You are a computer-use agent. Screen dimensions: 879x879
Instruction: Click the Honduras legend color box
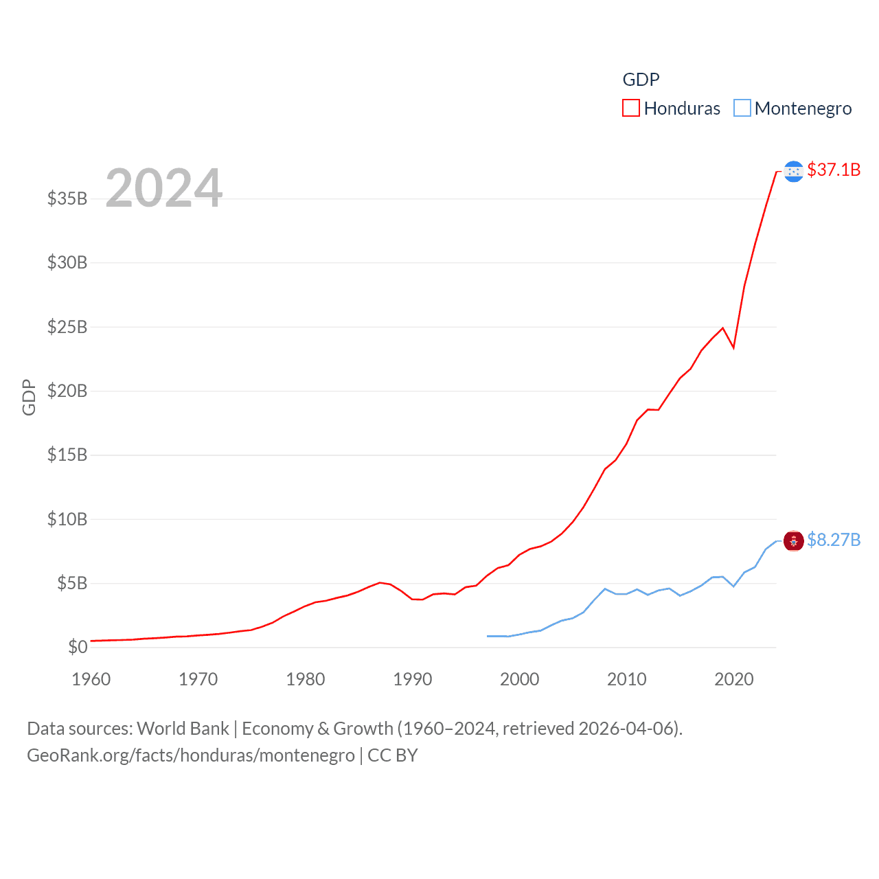[630, 108]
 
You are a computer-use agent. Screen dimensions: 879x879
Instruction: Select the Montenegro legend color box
[742, 108]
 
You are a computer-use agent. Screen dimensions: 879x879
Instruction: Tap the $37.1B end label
[833, 170]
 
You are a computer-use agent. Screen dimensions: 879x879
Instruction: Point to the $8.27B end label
[833, 540]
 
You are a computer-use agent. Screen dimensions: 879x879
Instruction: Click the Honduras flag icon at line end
[793, 171]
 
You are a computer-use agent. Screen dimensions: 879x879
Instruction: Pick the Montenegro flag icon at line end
[793, 541]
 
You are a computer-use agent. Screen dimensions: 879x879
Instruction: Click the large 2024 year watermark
[163, 188]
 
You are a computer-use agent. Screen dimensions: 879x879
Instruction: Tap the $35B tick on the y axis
[67, 198]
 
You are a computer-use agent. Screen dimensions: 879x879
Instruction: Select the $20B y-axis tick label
[67, 391]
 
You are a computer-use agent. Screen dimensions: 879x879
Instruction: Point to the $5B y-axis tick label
[72, 583]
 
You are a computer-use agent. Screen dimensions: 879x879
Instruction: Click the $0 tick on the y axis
[78, 647]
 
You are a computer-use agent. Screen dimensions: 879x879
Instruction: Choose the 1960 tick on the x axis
[91, 679]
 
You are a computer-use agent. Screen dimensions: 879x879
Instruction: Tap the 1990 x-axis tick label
[413, 679]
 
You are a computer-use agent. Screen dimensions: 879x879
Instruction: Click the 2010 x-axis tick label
[627, 679]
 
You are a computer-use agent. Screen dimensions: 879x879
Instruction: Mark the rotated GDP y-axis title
[29, 397]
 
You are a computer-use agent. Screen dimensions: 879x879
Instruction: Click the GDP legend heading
[641, 80]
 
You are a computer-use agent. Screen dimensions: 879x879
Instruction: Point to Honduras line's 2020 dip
[733, 347]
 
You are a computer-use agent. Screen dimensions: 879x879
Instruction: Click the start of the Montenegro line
[488, 636]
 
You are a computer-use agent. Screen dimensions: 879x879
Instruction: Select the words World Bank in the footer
[183, 728]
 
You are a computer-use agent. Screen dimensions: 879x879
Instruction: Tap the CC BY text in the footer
[393, 755]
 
